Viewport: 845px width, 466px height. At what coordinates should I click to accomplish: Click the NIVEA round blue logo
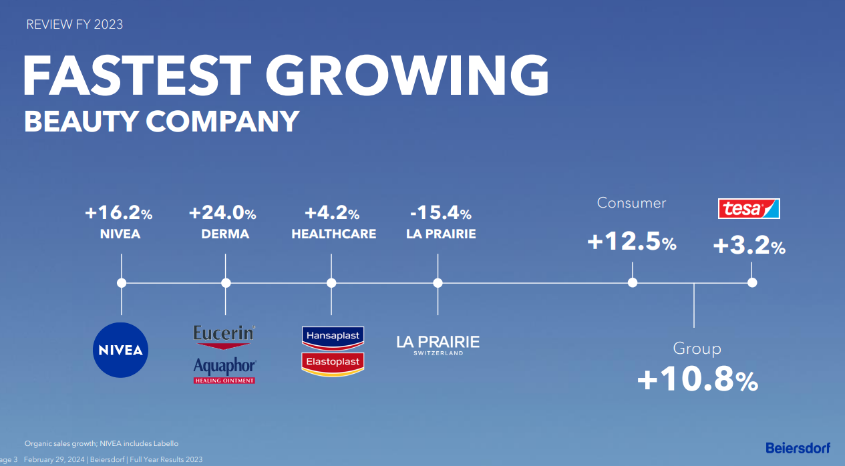[120, 350]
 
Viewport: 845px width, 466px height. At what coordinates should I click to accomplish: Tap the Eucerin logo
[224, 337]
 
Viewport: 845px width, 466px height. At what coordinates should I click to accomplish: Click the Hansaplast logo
[333, 338]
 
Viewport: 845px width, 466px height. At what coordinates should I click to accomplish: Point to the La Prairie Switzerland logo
[438, 345]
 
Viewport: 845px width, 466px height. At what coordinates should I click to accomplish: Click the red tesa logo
[749, 208]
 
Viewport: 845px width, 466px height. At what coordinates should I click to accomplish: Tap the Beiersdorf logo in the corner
[798, 448]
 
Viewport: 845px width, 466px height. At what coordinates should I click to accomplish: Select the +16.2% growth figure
[119, 213]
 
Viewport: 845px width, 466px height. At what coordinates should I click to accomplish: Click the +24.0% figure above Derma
[222, 213]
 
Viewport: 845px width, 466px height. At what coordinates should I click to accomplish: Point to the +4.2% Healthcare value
[332, 213]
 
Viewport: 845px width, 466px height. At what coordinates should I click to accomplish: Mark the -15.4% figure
[441, 213]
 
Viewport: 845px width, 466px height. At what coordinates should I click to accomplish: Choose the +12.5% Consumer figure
[632, 242]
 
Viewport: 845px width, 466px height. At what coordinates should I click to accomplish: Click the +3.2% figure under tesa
[749, 245]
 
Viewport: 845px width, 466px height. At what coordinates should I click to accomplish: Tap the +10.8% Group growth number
[697, 379]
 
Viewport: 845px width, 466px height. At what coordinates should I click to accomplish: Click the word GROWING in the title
[407, 75]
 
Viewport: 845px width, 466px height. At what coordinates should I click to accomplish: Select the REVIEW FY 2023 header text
[74, 25]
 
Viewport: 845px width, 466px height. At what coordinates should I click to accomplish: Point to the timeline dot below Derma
[226, 283]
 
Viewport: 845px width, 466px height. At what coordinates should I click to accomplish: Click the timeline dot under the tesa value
[752, 282]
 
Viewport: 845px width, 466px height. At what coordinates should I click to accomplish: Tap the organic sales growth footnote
[102, 444]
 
